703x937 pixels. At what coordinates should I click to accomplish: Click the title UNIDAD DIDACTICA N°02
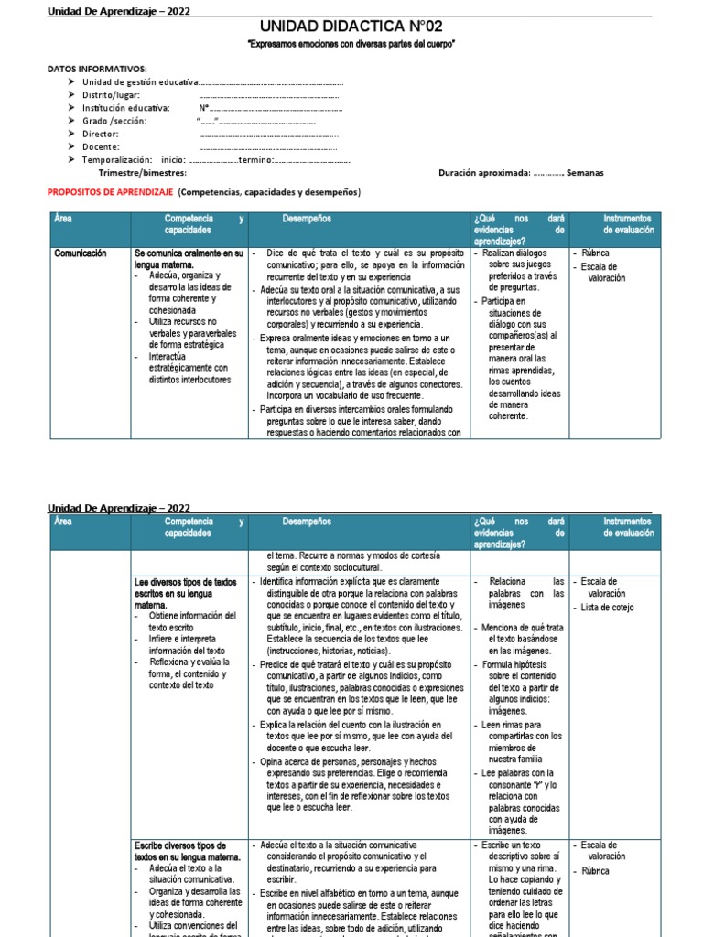click(351, 27)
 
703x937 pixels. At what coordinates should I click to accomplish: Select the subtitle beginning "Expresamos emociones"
click(351, 44)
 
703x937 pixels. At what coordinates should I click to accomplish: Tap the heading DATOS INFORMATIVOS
click(96, 69)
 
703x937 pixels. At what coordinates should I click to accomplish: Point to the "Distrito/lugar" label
click(113, 94)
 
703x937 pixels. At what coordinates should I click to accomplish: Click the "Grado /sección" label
click(114, 120)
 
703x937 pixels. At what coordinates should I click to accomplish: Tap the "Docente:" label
click(100, 146)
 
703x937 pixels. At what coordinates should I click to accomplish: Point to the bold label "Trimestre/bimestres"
click(142, 172)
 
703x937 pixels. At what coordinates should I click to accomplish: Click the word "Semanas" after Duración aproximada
click(585, 172)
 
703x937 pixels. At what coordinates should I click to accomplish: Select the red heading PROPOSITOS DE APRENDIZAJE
click(109, 192)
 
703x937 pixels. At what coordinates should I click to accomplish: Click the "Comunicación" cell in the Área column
click(81, 253)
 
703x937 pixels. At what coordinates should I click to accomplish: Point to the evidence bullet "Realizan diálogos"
click(519, 253)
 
